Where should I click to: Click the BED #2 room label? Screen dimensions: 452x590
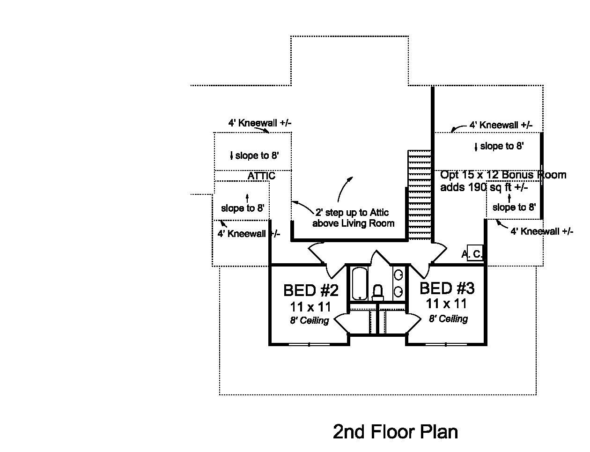pos(310,290)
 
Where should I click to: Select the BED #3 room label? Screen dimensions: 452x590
pos(447,288)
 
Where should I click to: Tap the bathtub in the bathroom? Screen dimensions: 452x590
pos(360,283)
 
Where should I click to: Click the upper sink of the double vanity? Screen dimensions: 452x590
pos(398,275)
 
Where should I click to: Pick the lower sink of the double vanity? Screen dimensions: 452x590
pos(398,292)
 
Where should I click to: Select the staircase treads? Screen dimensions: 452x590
pos(419,195)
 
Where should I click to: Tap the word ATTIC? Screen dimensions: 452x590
pos(261,176)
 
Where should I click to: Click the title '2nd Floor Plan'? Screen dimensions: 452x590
pos(395,431)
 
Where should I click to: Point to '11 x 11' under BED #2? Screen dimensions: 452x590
pos(310,307)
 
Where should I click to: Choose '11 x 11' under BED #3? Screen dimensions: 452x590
pos(446,304)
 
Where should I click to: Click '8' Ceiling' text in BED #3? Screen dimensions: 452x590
pos(448,319)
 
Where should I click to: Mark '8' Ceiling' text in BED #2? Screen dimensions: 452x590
pos(309,321)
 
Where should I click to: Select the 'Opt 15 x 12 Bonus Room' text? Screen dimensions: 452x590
pos(503,175)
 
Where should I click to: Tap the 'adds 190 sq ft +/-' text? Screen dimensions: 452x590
pos(484,187)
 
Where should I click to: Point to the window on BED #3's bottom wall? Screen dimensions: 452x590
pos(446,345)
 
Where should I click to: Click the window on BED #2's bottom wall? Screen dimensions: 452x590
pos(310,345)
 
